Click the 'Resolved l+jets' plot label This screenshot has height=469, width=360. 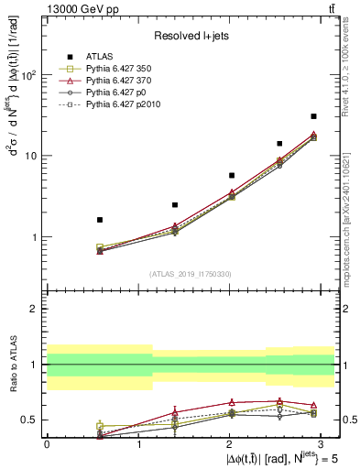point(190,35)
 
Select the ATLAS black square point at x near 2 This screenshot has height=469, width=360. point(232,175)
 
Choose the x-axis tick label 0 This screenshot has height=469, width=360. point(47,443)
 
